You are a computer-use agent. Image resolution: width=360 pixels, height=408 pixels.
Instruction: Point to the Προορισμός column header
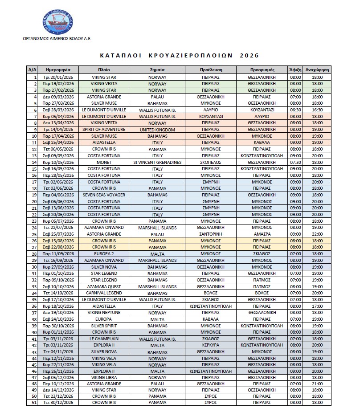pyautogui.click(x=262, y=70)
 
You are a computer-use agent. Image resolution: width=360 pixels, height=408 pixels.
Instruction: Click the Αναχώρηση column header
pyautogui.click(x=317, y=70)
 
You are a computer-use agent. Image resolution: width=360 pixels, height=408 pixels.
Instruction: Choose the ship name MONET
pyautogui.click(x=104, y=163)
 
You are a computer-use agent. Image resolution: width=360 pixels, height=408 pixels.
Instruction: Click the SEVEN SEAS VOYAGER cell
pyautogui.click(x=104, y=195)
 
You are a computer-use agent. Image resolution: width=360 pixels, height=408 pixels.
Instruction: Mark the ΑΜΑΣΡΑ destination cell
pyautogui.click(x=262, y=234)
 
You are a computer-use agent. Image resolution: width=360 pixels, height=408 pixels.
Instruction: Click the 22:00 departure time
pyautogui.click(x=317, y=234)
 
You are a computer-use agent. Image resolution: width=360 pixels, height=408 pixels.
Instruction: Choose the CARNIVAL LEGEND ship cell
pyautogui.click(x=104, y=293)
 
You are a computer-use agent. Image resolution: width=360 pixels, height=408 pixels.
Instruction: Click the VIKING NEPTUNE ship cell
pyautogui.click(x=104, y=313)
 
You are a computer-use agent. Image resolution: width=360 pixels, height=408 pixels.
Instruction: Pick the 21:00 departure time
pyautogui.click(x=317, y=384)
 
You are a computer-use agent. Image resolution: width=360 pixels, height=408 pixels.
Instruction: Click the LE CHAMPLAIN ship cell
pyautogui.click(x=104, y=339)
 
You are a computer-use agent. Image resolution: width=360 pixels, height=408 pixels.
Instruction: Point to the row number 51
pyautogui.click(x=33, y=403)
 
